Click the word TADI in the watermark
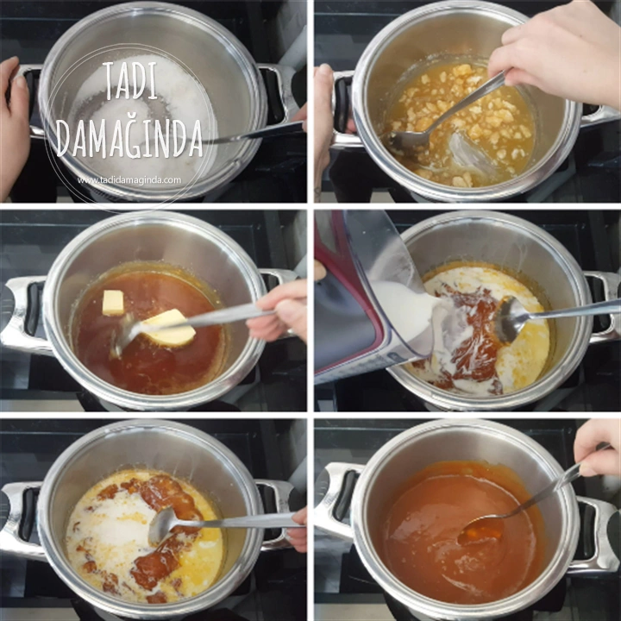pyautogui.click(x=131, y=80)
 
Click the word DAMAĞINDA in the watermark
pyautogui.click(x=129, y=137)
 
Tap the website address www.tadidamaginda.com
pyautogui.click(x=129, y=180)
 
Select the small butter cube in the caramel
pyautogui.click(x=113, y=303)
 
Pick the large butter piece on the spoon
pyautogui.click(x=168, y=327)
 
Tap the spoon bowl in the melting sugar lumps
pyautogui.click(x=408, y=141)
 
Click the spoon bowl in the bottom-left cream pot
pyautogui.click(x=162, y=525)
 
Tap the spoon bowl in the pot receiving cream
pyautogui.click(x=510, y=319)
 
